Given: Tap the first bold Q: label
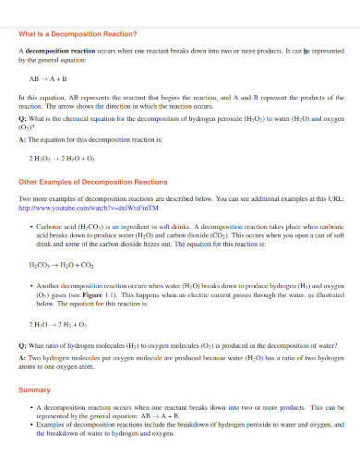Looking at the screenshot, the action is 22,119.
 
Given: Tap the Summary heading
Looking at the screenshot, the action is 35,389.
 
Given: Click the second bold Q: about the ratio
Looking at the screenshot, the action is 22,345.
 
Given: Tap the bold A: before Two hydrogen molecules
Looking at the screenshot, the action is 22,357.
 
